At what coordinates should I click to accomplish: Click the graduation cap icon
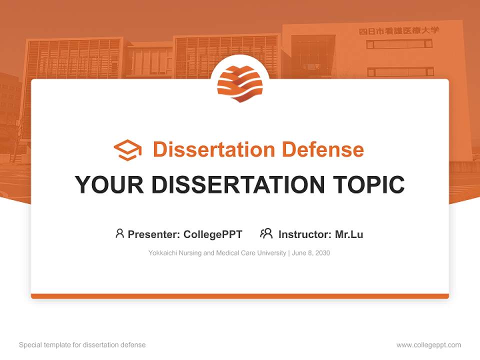point(127,150)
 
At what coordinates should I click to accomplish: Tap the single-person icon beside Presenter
point(119,233)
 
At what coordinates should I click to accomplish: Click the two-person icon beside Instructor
point(266,233)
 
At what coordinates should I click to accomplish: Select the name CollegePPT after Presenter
point(213,234)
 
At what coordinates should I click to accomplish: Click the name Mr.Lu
point(349,234)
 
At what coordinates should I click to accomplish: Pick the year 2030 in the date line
point(322,253)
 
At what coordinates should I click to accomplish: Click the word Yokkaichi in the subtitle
point(161,253)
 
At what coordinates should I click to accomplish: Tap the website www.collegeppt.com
point(428,345)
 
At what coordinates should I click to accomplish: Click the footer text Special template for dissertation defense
point(82,345)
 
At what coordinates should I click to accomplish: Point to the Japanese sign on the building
point(399,30)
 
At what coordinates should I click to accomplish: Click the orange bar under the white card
point(240,296)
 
